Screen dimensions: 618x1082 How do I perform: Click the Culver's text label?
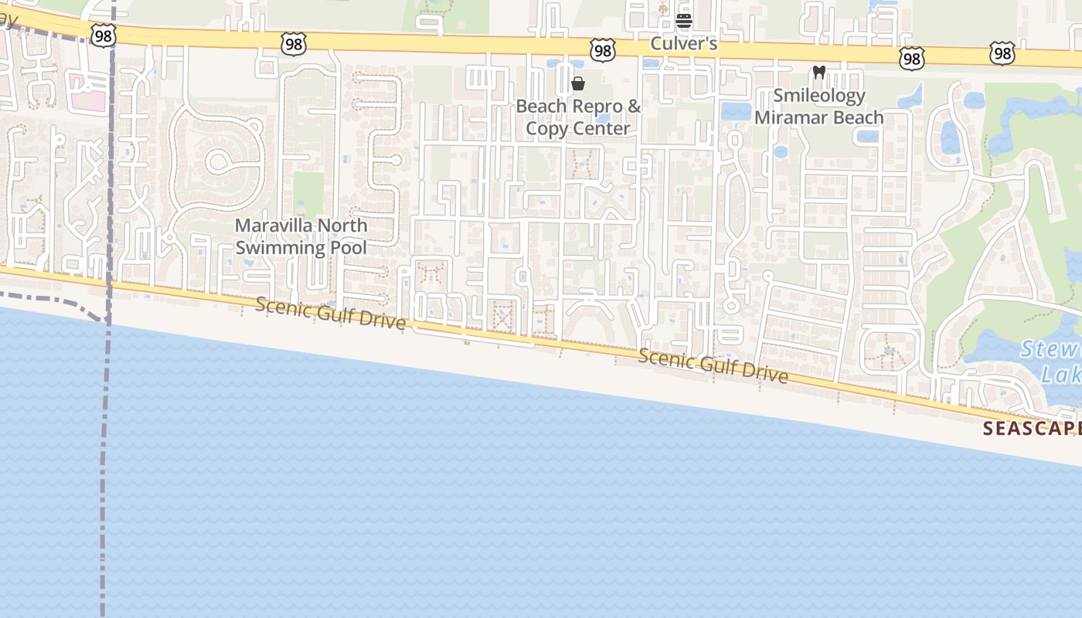coord(683,43)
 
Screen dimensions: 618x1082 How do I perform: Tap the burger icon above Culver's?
coord(683,20)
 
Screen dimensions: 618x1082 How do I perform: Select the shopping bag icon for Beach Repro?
coord(577,83)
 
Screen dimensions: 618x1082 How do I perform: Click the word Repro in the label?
coord(595,106)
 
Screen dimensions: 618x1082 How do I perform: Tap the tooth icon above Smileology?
coord(819,73)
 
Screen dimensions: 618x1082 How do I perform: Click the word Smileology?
coord(819,96)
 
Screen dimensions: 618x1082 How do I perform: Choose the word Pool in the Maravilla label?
coord(349,247)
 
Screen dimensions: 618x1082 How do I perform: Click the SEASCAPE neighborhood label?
coord(1032,429)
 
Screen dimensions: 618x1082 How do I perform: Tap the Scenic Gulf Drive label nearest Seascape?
coord(713,366)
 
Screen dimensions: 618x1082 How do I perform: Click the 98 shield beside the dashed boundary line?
coord(103,35)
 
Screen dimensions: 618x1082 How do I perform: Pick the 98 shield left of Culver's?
coord(602,51)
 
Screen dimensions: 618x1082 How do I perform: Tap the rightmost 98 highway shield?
coord(1002,53)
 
